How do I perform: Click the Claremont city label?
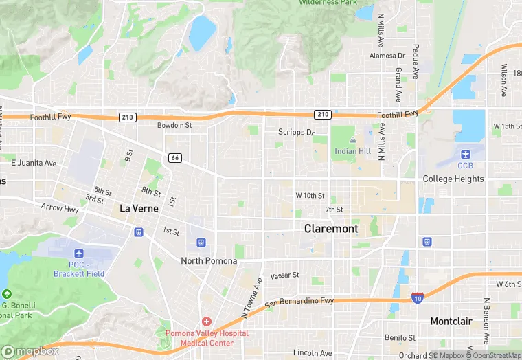click(331, 228)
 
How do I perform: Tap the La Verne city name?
click(139, 208)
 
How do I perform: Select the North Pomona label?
click(209, 261)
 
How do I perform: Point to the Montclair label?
click(451, 321)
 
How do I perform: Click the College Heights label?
click(453, 179)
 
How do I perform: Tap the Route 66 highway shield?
click(174, 158)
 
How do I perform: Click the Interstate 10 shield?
click(417, 297)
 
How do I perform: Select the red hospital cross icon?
click(206, 322)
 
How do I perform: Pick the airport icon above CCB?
click(466, 153)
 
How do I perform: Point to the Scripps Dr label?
click(296, 132)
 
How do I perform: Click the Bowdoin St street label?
click(174, 126)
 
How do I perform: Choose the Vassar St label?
click(284, 275)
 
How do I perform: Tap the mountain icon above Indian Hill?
click(353, 139)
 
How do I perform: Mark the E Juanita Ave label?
click(34, 163)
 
